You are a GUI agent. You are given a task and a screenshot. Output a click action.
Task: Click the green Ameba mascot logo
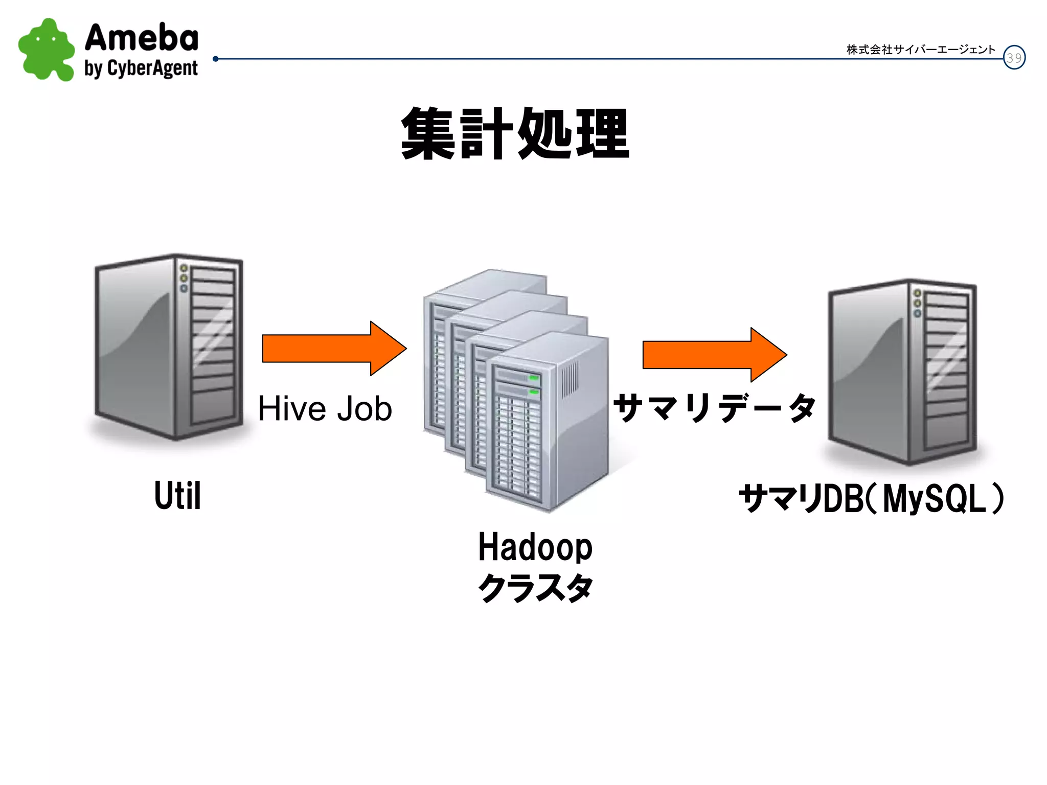pos(46,50)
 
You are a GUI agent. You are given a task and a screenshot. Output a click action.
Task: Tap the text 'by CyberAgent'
pos(141,68)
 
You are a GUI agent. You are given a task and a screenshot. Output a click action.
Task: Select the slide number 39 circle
pos(1014,58)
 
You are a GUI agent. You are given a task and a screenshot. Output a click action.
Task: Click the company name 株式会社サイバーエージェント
pos(921,50)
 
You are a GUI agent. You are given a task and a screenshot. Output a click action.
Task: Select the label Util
pos(177,496)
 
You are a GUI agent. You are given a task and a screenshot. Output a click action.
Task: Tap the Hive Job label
pos(325,409)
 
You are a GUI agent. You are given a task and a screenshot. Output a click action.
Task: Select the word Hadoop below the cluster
pos(535,547)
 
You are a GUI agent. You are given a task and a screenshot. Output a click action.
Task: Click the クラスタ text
pos(535,588)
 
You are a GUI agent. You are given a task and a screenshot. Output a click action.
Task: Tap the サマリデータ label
pos(715,408)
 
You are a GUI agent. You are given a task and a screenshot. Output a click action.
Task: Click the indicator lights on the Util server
pos(184,279)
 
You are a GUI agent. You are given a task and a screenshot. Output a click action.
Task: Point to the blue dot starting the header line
pos(216,59)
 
